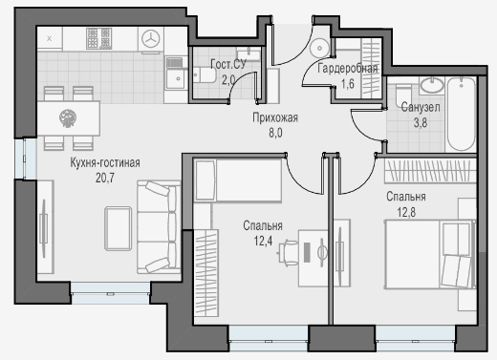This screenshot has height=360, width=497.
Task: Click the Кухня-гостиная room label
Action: pos(105,163)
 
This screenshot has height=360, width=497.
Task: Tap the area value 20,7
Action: pos(105,178)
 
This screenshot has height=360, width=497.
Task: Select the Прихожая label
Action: pos(275,117)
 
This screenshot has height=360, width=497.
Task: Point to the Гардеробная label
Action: pos(348,69)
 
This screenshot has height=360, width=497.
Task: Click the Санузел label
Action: pos(421,107)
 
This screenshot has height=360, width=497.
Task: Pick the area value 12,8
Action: pos(406,212)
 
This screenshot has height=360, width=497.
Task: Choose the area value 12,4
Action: pos(263,241)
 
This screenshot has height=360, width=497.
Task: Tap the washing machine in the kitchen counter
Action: pos(150,39)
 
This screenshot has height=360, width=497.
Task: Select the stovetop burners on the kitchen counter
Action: pos(99,38)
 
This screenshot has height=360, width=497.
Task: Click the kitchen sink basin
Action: pos(174,77)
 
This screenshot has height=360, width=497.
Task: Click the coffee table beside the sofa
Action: pos(119,228)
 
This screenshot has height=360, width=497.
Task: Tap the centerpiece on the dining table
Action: pos(68,118)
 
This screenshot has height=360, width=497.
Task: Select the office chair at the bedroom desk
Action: pos(288,252)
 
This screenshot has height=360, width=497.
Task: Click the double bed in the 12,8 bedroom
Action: pos(430,254)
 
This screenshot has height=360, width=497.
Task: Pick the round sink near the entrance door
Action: pos(319,48)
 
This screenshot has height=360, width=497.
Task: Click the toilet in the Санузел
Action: pos(403,95)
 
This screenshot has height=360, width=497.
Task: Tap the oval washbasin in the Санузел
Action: pos(432,85)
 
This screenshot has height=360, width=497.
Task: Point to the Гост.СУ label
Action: pos(228,64)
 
